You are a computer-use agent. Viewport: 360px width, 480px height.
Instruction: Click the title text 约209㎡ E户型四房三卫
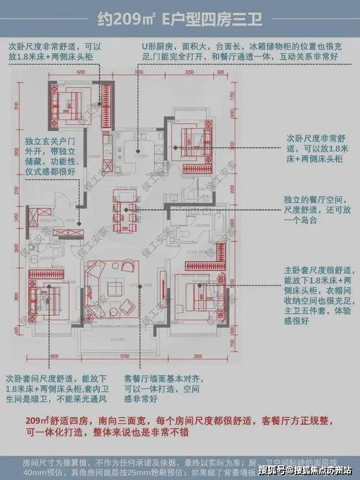click(x=179, y=20)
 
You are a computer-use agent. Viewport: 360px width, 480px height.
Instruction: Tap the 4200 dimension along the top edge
click(x=82, y=71)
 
